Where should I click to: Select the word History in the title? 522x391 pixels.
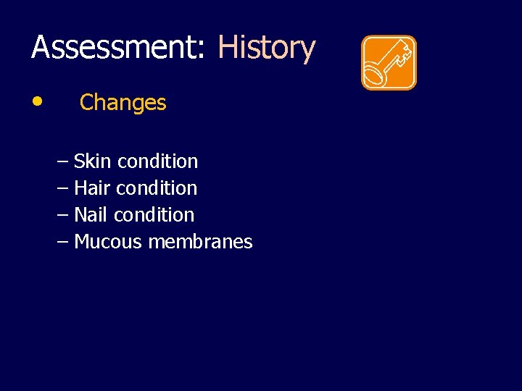[x=266, y=48]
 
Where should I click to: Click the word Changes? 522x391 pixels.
[x=123, y=103]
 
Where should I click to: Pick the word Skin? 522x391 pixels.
[x=92, y=161]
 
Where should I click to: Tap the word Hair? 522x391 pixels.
[x=92, y=188]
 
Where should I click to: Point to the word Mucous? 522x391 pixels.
[x=108, y=241]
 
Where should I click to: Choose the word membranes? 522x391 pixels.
[x=200, y=241]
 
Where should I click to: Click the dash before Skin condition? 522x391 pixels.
[x=62, y=161]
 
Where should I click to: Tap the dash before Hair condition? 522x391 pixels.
[x=62, y=188]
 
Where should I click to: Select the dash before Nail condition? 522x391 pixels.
[x=62, y=214]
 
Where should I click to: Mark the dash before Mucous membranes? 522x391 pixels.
[x=62, y=241]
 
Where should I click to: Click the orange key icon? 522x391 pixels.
[x=389, y=63]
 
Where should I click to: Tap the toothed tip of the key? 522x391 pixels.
[x=405, y=51]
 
